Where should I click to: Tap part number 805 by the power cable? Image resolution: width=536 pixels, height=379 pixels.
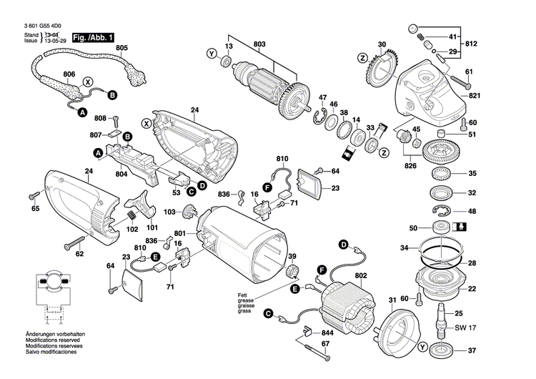point(121,49)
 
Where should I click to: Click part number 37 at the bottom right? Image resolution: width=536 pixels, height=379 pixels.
point(472,350)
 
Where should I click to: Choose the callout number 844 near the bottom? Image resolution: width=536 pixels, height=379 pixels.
point(327,334)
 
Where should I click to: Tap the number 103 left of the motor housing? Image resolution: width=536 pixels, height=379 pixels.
point(169,212)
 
